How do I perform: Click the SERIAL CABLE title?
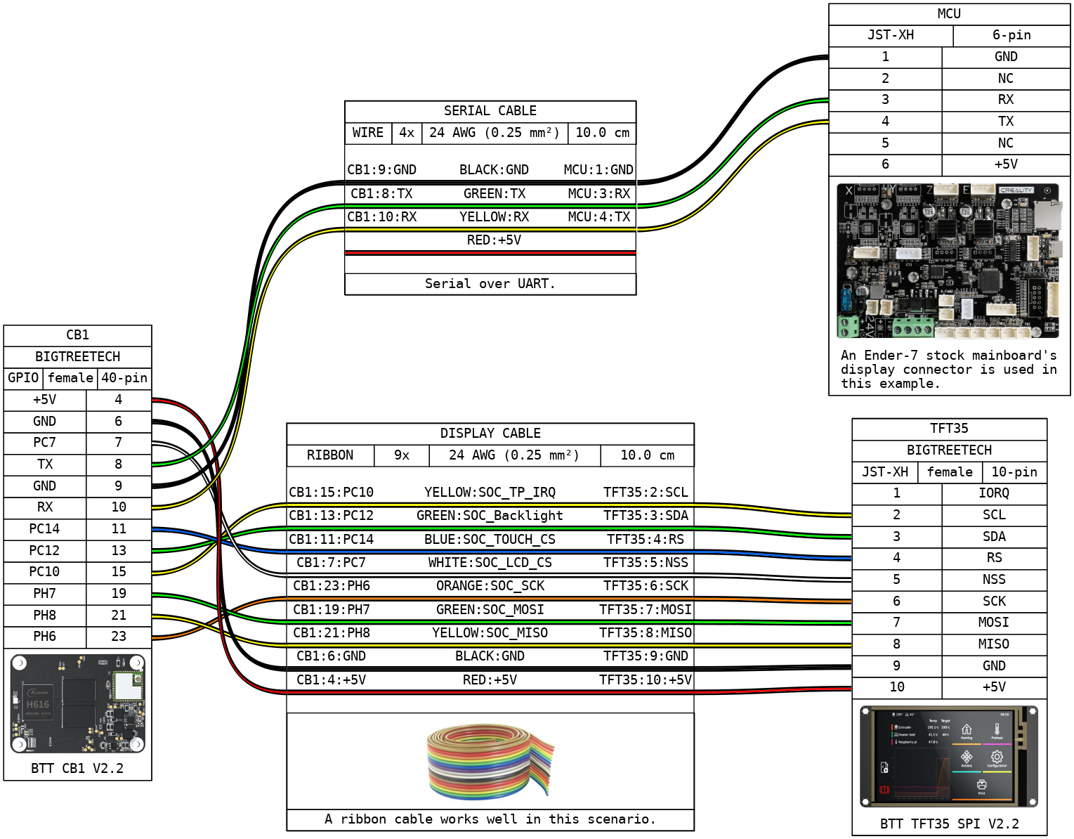click(x=490, y=111)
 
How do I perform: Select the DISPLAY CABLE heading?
click(x=490, y=433)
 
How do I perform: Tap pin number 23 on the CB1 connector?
click(x=119, y=637)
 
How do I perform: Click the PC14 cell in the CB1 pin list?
click(x=44, y=528)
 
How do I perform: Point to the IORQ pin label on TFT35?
click(x=994, y=493)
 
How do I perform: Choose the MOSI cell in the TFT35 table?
click(x=994, y=622)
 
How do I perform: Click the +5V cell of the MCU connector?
click(x=1006, y=164)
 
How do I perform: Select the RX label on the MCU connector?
click(x=1006, y=99)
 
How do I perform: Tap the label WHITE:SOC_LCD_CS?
click(x=490, y=562)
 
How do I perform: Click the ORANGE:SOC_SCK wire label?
click(x=490, y=585)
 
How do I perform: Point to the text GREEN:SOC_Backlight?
click(x=490, y=515)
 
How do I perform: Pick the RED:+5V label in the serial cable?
click(x=494, y=240)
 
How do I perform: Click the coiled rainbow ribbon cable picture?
click(x=491, y=761)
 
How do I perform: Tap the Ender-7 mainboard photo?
click(x=948, y=261)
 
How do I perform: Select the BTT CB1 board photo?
click(x=77, y=703)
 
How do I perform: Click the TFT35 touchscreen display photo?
click(x=949, y=756)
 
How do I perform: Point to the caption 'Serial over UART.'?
click(x=490, y=284)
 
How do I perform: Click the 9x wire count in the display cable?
click(x=401, y=455)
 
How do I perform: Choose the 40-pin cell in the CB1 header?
click(x=124, y=378)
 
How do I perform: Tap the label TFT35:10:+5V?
click(x=646, y=679)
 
